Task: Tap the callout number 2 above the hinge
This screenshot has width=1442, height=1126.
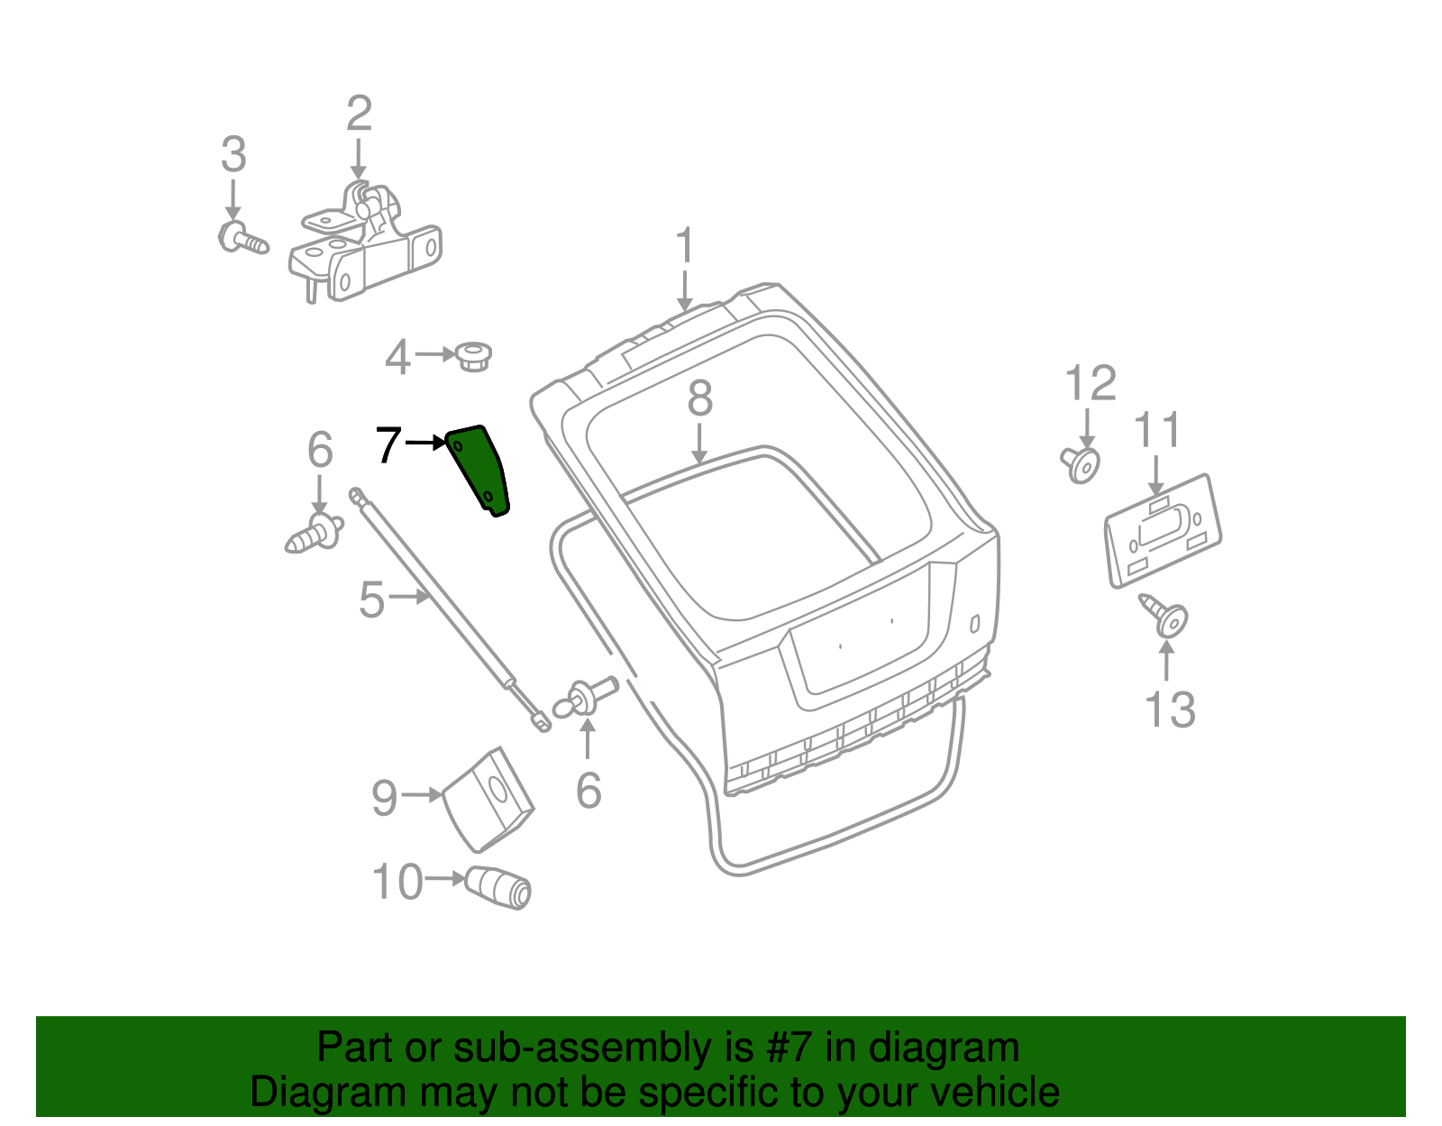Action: point(359,114)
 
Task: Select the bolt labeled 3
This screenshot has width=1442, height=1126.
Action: point(242,238)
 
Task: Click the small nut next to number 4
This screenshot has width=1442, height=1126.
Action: point(472,355)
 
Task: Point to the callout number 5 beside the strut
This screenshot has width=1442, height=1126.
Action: point(371,600)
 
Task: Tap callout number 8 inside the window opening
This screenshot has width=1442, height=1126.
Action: point(699,398)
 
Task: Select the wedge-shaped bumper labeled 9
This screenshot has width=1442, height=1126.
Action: point(489,799)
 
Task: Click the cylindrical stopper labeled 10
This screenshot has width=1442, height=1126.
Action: point(499,886)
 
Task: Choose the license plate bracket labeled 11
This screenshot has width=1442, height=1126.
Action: point(1163,532)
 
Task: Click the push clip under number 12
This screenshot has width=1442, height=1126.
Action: point(1081,464)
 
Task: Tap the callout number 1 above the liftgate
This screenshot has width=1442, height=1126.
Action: point(685,246)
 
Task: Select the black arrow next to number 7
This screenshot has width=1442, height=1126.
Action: point(425,443)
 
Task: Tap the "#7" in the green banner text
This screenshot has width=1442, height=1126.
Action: point(789,1048)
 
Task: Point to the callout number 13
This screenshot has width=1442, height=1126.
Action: point(1169,709)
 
